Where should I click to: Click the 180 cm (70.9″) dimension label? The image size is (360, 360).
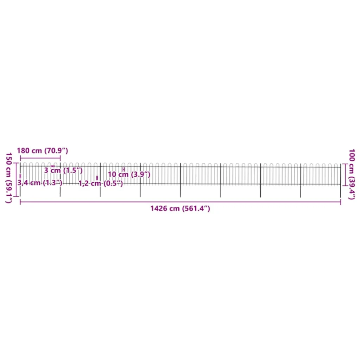click(x=42, y=151)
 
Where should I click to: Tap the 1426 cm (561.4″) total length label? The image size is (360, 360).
click(x=180, y=208)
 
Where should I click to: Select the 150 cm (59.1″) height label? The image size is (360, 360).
click(x=9, y=178)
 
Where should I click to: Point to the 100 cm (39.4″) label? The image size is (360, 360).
click(x=352, y=174)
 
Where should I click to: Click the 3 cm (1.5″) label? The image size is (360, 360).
click(x=63, y=171)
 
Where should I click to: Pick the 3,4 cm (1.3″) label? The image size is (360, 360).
click(x=40, y=183)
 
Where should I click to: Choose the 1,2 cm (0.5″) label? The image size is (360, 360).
click(x=100, y=184)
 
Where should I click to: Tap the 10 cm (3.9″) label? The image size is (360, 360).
click(x=129, y=174)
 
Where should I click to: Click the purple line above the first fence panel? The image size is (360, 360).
click(x=40, y=158)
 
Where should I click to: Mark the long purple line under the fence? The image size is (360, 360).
click(x=180, y=202)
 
